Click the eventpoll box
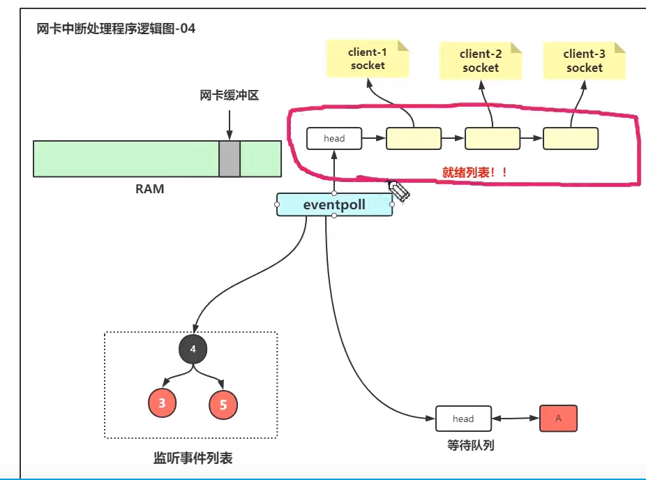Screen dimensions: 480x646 click(334, 204)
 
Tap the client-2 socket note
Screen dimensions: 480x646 click(480, 61)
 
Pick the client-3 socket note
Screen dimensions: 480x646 click(584, 61)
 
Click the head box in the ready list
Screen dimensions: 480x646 click(334, 138)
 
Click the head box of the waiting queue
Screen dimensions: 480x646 click(463, 419)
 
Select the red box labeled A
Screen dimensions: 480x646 click(558, 418)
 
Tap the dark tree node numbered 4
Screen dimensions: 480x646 click(193, 348)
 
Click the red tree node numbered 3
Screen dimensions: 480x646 click(162, 403)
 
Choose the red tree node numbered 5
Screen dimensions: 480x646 click(223, 405)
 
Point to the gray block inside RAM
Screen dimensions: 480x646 click(230, 158)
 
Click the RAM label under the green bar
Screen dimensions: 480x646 click(149, 188)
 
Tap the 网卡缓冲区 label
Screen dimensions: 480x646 click(230, 96)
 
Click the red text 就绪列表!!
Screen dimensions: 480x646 click(474, 172)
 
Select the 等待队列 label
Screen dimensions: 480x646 click(470, 444)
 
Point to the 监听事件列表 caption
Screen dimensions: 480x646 click(193, 458)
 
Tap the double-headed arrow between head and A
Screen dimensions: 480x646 click(516, 419)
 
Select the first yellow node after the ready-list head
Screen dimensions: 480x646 click(414, 138)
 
